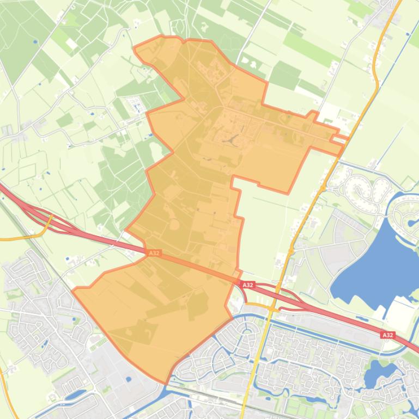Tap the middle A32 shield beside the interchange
click(248, 285)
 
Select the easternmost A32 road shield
click(387, 335)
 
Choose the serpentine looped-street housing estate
click(362, 190)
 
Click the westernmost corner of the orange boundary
click(73, 289)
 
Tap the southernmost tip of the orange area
click(166, 383)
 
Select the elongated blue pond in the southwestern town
click(76, 394)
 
